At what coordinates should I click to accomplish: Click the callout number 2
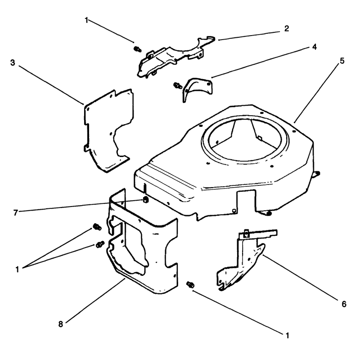point(286,29)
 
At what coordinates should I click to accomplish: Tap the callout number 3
point(13,63)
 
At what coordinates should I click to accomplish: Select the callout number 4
point(314,47)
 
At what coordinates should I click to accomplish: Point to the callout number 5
point(342,61)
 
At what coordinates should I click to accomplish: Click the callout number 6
point(344,304)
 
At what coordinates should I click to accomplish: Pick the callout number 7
point(15,213)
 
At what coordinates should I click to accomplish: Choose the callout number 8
point(60,324)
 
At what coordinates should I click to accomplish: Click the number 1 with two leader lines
point(17,269)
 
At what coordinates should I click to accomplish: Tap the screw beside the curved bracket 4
point(177,85)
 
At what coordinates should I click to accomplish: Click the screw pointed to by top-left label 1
point(138,49)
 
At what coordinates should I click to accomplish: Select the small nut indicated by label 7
point(145,200)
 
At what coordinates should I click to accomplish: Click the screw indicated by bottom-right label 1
point(190,285)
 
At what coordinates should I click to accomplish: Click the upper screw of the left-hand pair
point(97,227)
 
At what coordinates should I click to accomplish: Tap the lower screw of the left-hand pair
point(100,244)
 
